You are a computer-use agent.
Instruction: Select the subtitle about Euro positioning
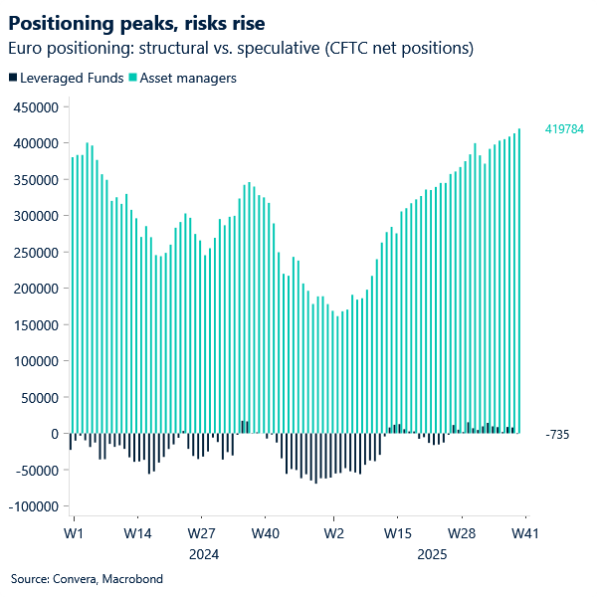[x=240, y=48]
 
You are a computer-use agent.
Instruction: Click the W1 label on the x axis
[x=72, y=533]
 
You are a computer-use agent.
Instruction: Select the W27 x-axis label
[x=201, y=533]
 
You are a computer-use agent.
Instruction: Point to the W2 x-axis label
[x=333, y=533]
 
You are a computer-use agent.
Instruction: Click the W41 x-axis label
[x=525, y=533]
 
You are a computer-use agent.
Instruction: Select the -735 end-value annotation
[x=557, y=435]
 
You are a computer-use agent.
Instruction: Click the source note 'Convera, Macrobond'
[x=87, y=578]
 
